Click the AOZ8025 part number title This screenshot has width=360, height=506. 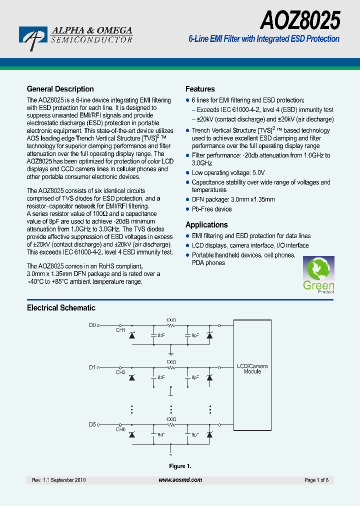coord(300,21)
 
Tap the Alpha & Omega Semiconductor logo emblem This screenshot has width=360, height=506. coord(33,38)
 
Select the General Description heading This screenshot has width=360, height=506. coord(60,89)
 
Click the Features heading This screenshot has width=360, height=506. coord(200,89)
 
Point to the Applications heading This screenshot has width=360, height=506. coord(206,225)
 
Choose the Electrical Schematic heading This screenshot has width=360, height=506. coord(61,308)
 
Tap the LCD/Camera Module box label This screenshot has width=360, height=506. coord(252,369)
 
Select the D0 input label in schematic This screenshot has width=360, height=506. coord(92,325)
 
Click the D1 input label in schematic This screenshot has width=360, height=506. coord(92,367)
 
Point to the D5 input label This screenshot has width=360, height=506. coord(92,424)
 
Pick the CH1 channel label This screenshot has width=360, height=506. coord(120,330)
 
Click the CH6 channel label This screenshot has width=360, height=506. coord(120,429)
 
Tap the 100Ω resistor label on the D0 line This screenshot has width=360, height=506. coord(171,319)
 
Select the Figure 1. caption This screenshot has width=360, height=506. coord(180,466)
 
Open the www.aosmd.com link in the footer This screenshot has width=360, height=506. coord(180,480)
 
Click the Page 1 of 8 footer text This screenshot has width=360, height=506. coord(316,480)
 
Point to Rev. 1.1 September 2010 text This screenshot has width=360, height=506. coord(58,480)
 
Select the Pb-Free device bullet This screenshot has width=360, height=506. coord(211,209)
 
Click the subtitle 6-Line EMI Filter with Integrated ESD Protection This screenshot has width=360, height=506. coord(263,39)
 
